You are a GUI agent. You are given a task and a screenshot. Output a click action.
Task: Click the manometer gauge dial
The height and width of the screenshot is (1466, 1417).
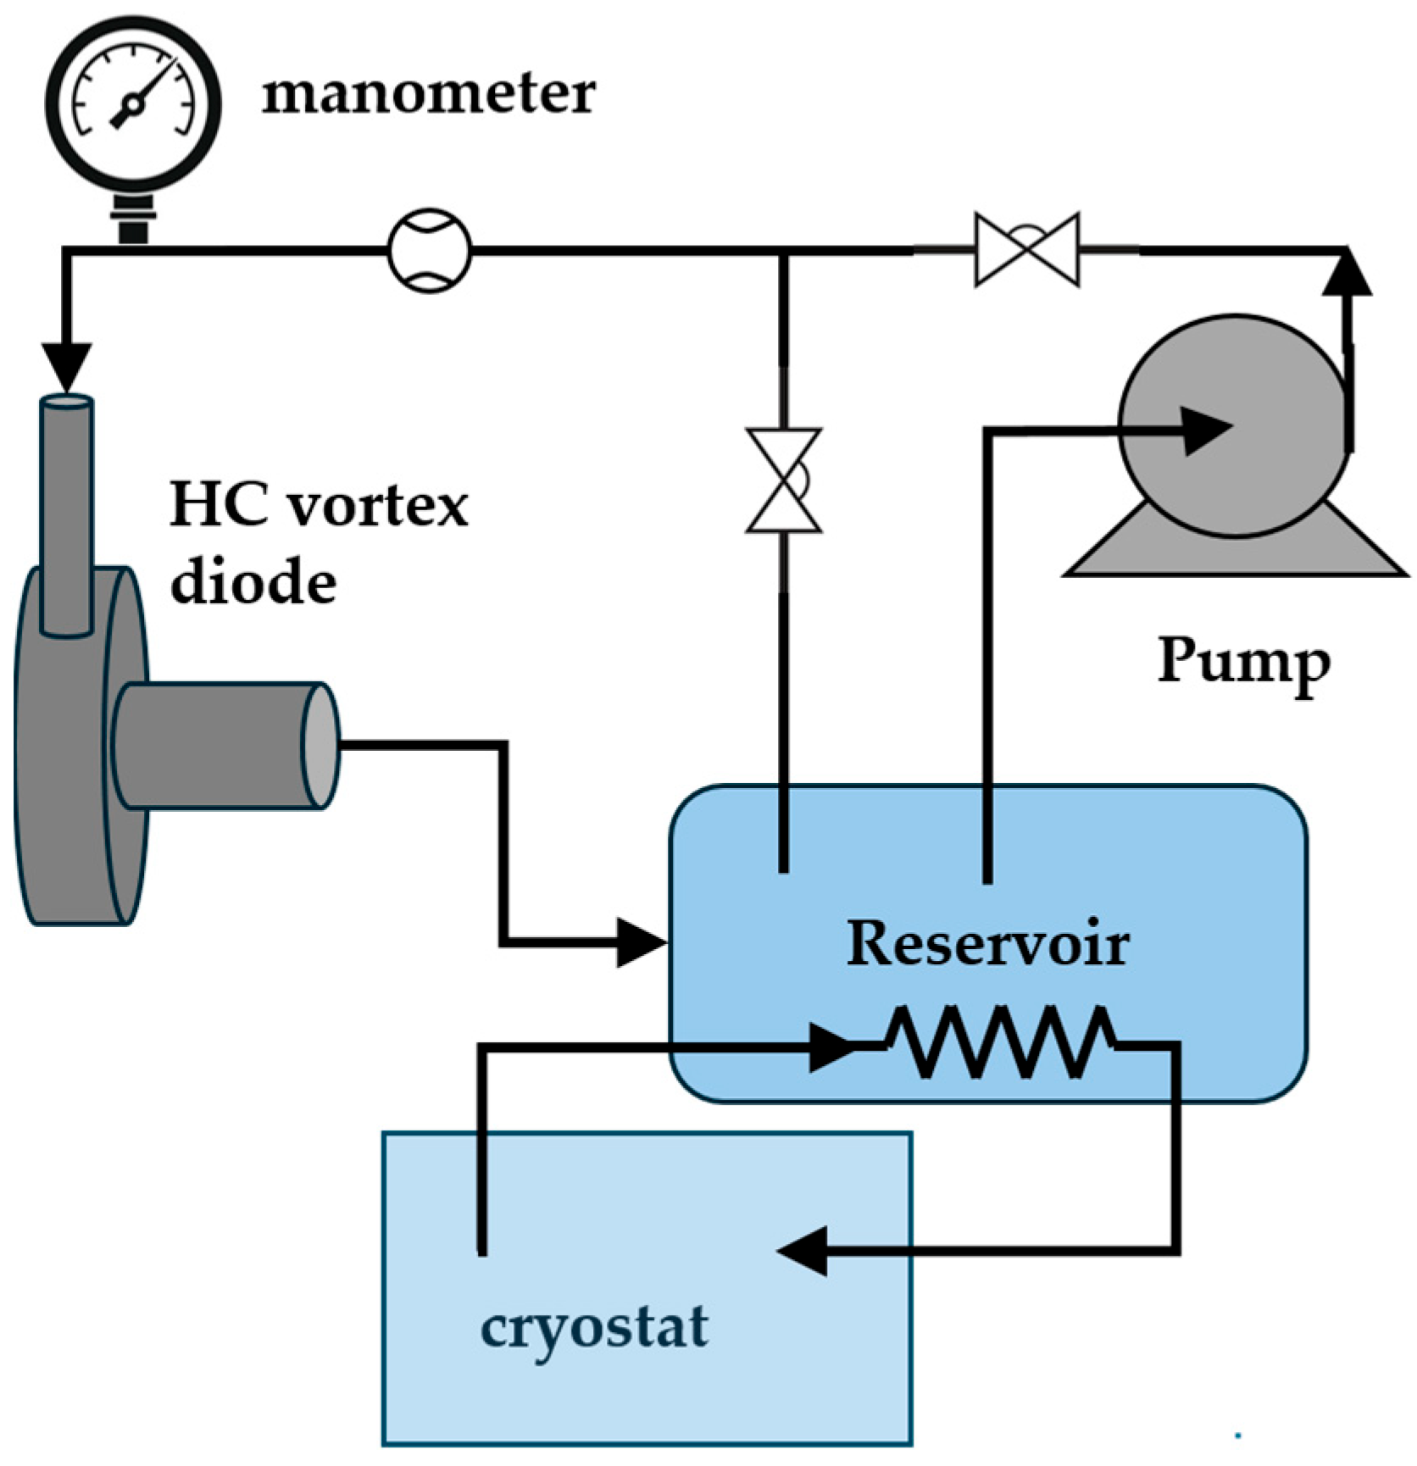[133, 101]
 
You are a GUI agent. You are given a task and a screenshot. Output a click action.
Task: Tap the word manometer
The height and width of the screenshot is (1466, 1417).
[428, 92]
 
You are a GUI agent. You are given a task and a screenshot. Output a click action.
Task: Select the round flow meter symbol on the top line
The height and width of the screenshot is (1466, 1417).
[430, 251]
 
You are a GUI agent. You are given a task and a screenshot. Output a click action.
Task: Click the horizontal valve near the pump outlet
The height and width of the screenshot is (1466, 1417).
[1027, 249]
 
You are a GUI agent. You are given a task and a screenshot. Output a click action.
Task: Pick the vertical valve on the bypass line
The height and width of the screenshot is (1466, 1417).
[784, 480]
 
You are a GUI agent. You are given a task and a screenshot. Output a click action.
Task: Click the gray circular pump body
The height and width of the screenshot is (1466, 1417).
[1233, 425]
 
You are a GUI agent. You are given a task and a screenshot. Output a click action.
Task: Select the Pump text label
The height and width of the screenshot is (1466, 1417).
[1243, 662]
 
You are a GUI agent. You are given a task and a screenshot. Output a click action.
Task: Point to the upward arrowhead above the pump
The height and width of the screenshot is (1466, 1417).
[1347, 274]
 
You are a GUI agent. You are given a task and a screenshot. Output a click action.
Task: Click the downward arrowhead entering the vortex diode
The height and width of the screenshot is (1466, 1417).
[67, 365]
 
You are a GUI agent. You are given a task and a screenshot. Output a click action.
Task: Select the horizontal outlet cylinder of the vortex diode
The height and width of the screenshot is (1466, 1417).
[225, 745]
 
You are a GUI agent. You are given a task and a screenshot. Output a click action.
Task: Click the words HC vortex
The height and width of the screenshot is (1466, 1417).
[319, 505]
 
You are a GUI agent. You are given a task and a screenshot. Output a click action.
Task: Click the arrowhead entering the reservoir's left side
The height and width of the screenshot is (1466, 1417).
[640, 941]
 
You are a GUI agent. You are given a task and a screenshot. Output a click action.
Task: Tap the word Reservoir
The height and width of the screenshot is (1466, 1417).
[987, 943]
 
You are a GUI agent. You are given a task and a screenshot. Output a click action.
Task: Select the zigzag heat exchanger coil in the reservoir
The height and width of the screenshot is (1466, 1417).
[1001, 1042]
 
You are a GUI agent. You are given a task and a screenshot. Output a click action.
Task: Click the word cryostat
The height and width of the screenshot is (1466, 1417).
[593, 1328]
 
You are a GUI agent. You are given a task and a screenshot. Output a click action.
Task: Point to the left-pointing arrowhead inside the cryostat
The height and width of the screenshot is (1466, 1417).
[802, 1250]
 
